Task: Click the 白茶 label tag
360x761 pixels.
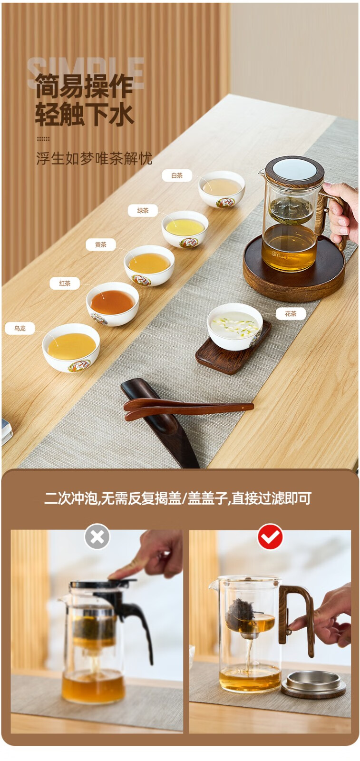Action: (176, 176)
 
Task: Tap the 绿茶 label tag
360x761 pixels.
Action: (143, 210)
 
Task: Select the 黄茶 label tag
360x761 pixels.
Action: (100, 244)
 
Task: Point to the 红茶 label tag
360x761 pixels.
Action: (65, 283)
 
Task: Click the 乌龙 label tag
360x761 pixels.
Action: (19, 328)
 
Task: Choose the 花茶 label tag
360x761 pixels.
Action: (291, 313)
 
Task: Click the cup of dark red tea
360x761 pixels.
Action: (112, 304)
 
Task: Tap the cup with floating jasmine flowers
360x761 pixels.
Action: (234, 326)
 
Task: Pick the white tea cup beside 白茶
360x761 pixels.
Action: (222, 189)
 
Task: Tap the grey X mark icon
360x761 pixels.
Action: (97, 537)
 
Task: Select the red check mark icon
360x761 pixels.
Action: (270, 537)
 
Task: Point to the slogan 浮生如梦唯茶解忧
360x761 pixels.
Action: (94, 159)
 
